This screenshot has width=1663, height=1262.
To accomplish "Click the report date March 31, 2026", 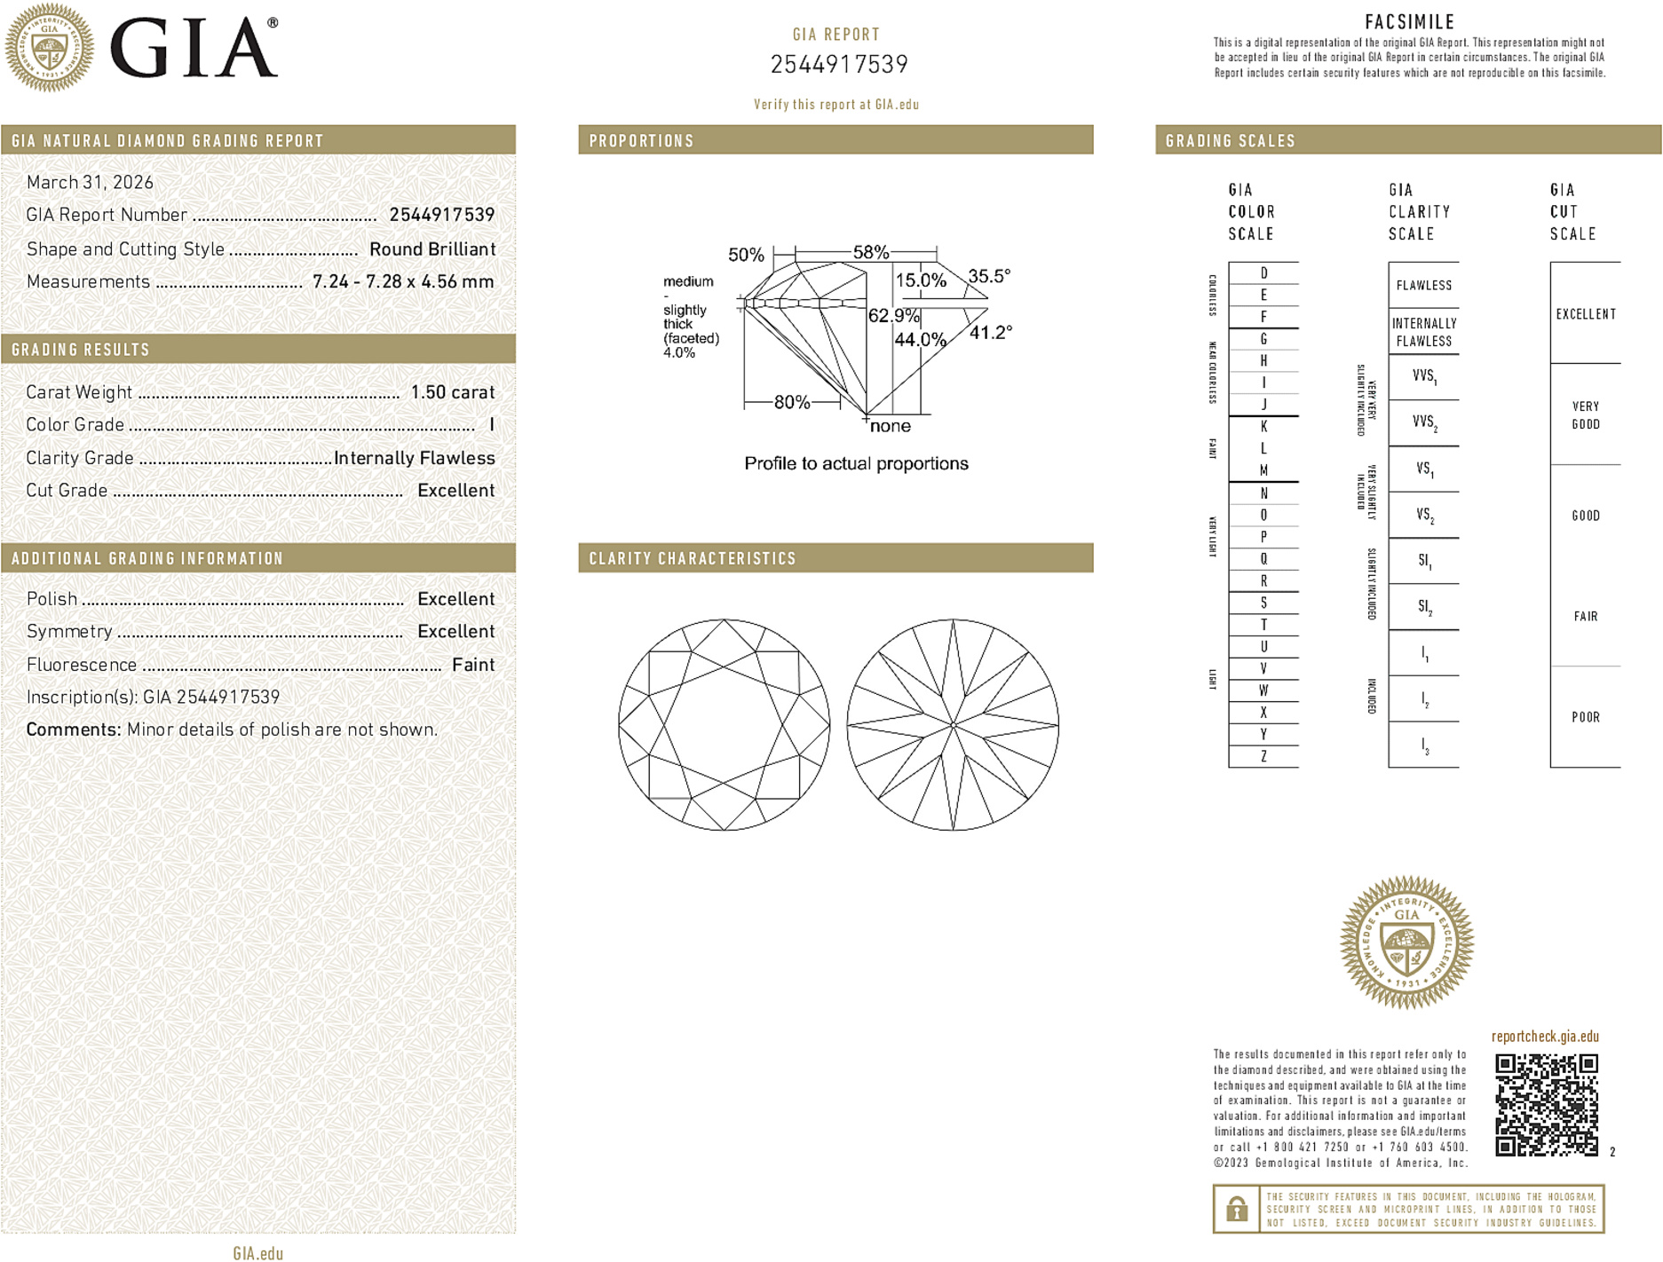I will click(90, 183).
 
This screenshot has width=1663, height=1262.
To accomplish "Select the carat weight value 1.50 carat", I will click(452, 392).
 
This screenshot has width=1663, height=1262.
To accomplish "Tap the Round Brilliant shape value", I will click(432, 249).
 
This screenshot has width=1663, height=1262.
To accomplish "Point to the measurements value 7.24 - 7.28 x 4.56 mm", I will click(403, 282).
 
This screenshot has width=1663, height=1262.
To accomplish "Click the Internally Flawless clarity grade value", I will click(414, 458).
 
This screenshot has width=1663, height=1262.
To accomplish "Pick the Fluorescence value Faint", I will click(473, 665).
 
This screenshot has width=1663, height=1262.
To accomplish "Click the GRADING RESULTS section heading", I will click(81, 350).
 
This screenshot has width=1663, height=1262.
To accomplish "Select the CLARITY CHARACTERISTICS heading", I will click(693, 558).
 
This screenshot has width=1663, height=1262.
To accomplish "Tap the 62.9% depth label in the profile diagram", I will click(893, 316).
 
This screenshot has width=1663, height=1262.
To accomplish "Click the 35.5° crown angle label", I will click(989, 276).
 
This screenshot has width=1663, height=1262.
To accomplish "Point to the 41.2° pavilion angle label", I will click(990, 333).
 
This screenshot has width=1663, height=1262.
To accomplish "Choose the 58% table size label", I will click(871, 252).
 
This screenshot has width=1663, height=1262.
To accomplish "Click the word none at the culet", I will click(891, 426).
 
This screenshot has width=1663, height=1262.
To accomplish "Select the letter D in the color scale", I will click(1263, 273).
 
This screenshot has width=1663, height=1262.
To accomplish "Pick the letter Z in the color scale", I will click(1263, 757).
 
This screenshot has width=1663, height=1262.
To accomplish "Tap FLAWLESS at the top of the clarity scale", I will click(1423, 286).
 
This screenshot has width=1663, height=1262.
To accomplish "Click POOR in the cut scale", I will click(1586, 717).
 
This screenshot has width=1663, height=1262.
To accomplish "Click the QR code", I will click(1546, 1105).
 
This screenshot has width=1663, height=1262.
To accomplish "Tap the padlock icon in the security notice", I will click(1236, 1209).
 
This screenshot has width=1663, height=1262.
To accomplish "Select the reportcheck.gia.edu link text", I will click(1545, 1037).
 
